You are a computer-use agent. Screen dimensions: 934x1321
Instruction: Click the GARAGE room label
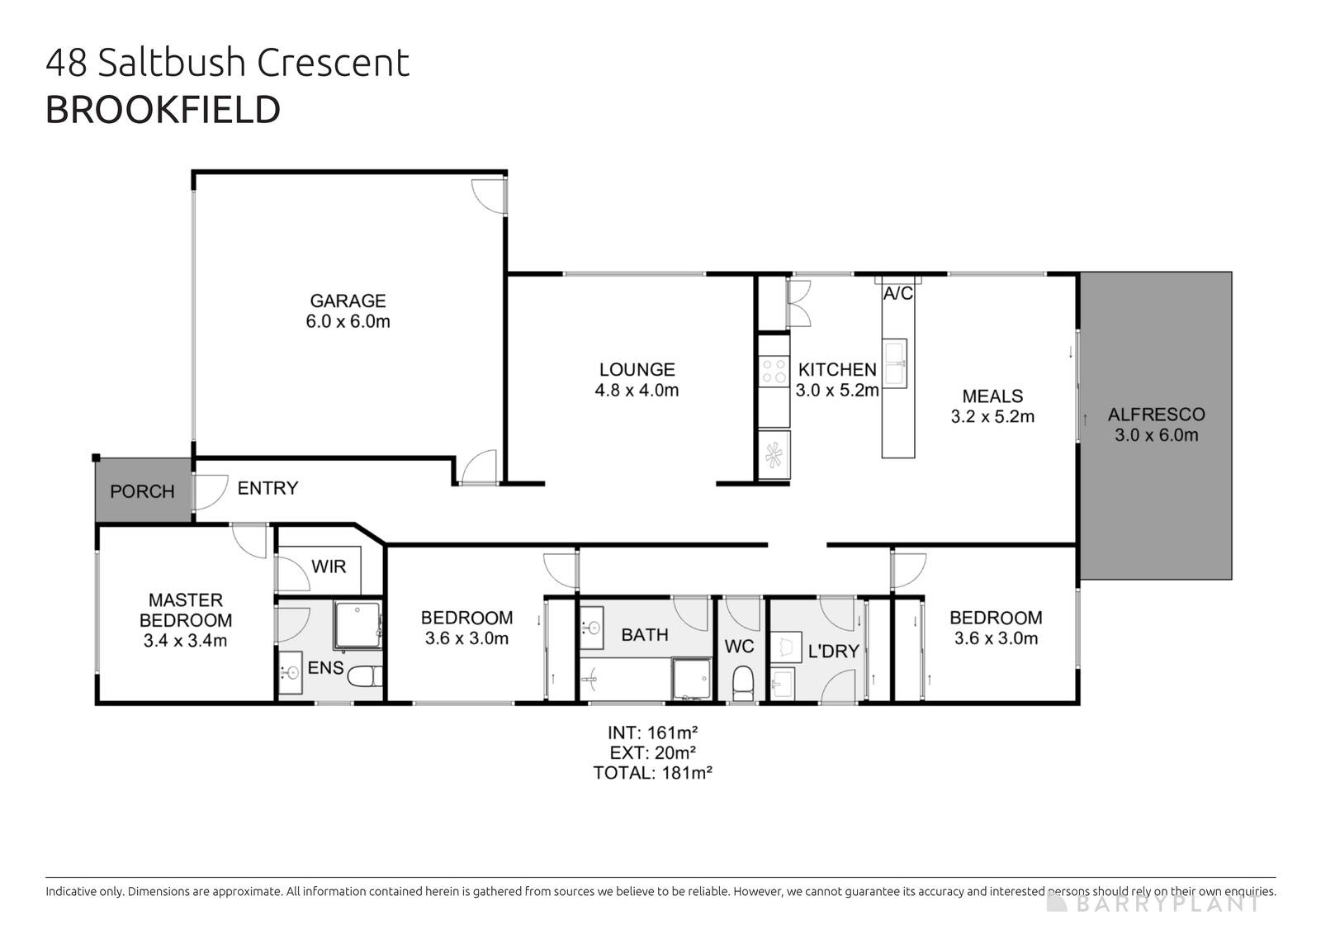pyautogui.click(x=348, y=301)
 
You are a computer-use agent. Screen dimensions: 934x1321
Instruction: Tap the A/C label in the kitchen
pyautogui.click(x=897, y=293)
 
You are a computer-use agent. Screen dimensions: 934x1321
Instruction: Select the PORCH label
pyautogui.click(x=142, y=491)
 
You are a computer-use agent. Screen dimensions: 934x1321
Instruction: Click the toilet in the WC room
pyautogui.click(x=743, y=682)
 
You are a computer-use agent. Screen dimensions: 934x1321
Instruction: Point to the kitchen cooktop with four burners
pyautogui.click(x=774, y=370)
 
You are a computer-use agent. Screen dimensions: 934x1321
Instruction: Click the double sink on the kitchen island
pyautogui.click(x=895, y=363)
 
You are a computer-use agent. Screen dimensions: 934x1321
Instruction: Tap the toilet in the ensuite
pyautogui.click(x=364, y=677)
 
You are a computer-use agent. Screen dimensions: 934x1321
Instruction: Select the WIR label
pyautogui.click(x=329, y=567)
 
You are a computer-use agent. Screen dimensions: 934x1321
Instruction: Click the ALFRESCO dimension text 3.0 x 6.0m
pyautogui.click(x=1156, y=435)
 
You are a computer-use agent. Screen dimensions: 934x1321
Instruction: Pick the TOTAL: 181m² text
pyautogui.click(x=652, y=773)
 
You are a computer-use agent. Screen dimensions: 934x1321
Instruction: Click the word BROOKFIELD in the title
pyautogui.click(x=163, y=110)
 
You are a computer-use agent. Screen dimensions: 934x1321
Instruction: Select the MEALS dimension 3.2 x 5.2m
pyautogui.click(x=992, y=416)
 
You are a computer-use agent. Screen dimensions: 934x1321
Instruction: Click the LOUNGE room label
pyautogui.click(x=637, y=369)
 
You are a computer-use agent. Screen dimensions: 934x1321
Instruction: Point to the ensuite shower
pyautogui.click(x=357, y=625)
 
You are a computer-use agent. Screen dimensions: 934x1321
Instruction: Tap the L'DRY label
pyautogui.click(x=833, y=651)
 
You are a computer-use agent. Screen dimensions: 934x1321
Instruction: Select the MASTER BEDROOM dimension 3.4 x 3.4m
pyautogui.click(x=185, y=640)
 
